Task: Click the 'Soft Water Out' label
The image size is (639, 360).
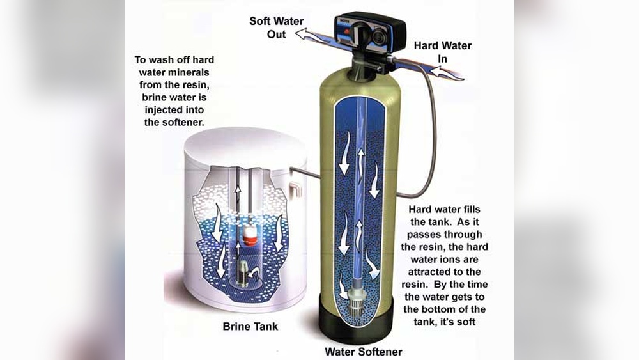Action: pos(276,27)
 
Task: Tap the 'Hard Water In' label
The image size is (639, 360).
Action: pos(443,52)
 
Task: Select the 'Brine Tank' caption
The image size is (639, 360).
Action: pos(250,326)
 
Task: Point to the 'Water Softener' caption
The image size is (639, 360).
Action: pos(364,352)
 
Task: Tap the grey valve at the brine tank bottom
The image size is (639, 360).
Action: pos(243,273)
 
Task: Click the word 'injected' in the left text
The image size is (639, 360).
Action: pos(162,110)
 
